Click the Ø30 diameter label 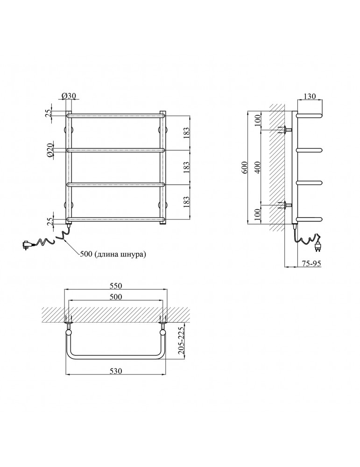pos(69,96)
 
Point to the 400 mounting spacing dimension pos(257,167)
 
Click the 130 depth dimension pos(310,96)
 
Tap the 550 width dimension pos(116,285)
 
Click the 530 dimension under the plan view pos(116,371)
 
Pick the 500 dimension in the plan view pos(116,297)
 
